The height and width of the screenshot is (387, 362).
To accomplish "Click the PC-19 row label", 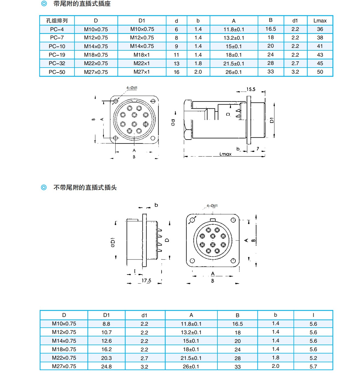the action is (57, 55).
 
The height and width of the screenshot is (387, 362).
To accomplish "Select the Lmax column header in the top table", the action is (320, 21).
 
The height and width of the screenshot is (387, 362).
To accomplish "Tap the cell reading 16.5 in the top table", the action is (271, 29).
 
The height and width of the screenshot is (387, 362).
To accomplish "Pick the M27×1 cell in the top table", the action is (142, 72).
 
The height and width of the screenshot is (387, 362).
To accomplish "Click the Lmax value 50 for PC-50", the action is (320, 72).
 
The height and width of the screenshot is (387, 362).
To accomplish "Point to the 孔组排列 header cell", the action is (57, 21).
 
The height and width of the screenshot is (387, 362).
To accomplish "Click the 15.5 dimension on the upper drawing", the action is (251, 89).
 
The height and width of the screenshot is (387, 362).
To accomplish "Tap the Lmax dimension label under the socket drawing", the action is (225, 154).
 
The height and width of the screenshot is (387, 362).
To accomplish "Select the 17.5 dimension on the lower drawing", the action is (146, 281).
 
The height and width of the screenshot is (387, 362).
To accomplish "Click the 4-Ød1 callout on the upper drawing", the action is (132, 88).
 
